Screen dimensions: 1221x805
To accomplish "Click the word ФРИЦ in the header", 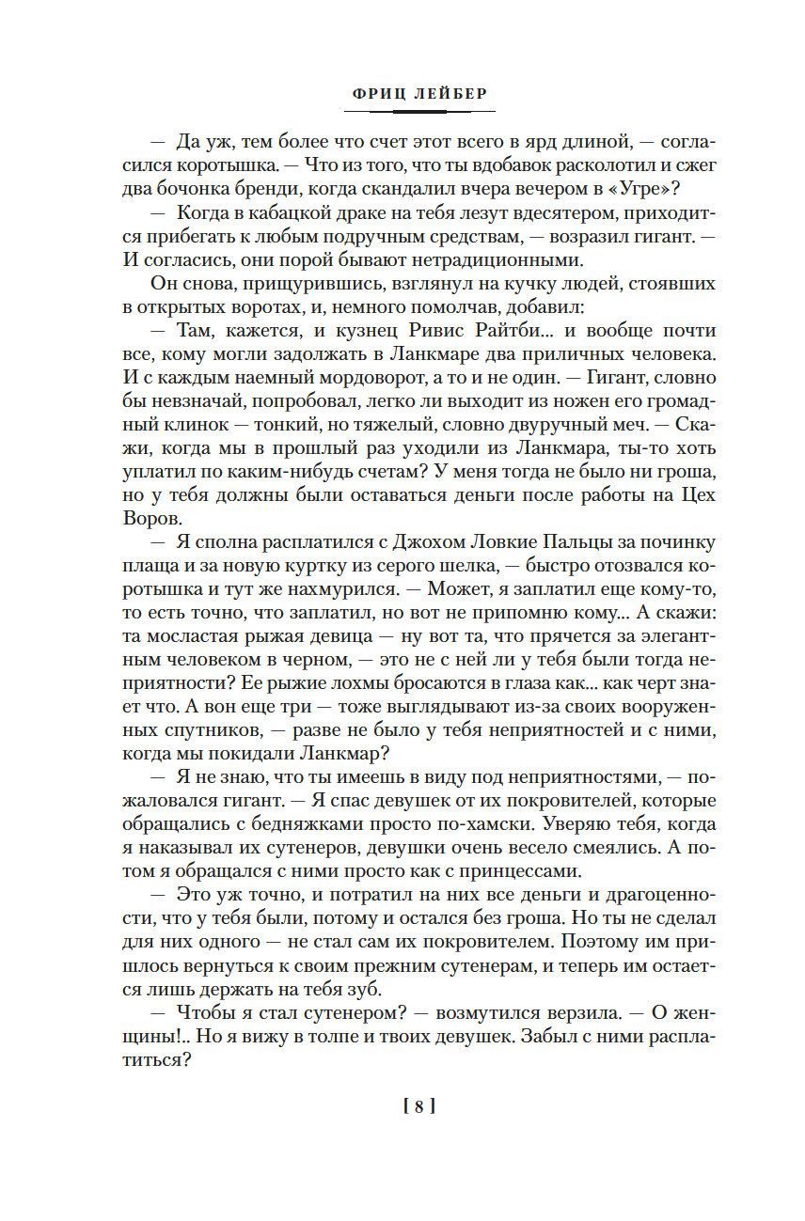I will point(372,94).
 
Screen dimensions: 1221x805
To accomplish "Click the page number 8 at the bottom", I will point(418,1107).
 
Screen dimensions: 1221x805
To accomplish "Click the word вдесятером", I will point(502,215).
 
